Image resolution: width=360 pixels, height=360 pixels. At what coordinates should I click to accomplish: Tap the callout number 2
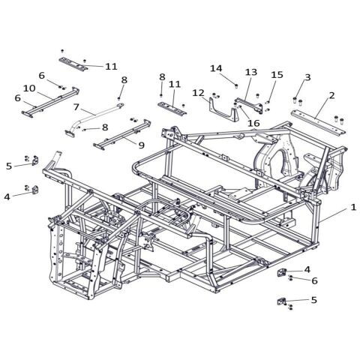(331, 96)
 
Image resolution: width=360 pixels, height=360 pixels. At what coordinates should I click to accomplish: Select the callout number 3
(307, 77)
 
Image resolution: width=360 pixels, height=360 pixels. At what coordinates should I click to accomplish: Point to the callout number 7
(75, 108)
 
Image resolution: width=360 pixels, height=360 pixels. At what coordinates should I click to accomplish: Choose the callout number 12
(198, 92)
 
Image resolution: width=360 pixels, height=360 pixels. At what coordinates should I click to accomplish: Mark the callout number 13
(251, 72)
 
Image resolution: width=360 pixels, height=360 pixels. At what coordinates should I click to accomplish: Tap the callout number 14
(216, 68)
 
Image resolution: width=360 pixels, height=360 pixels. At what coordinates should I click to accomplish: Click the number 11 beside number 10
(111, 66)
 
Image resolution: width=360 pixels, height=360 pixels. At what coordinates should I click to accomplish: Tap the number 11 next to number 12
(175, 84)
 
